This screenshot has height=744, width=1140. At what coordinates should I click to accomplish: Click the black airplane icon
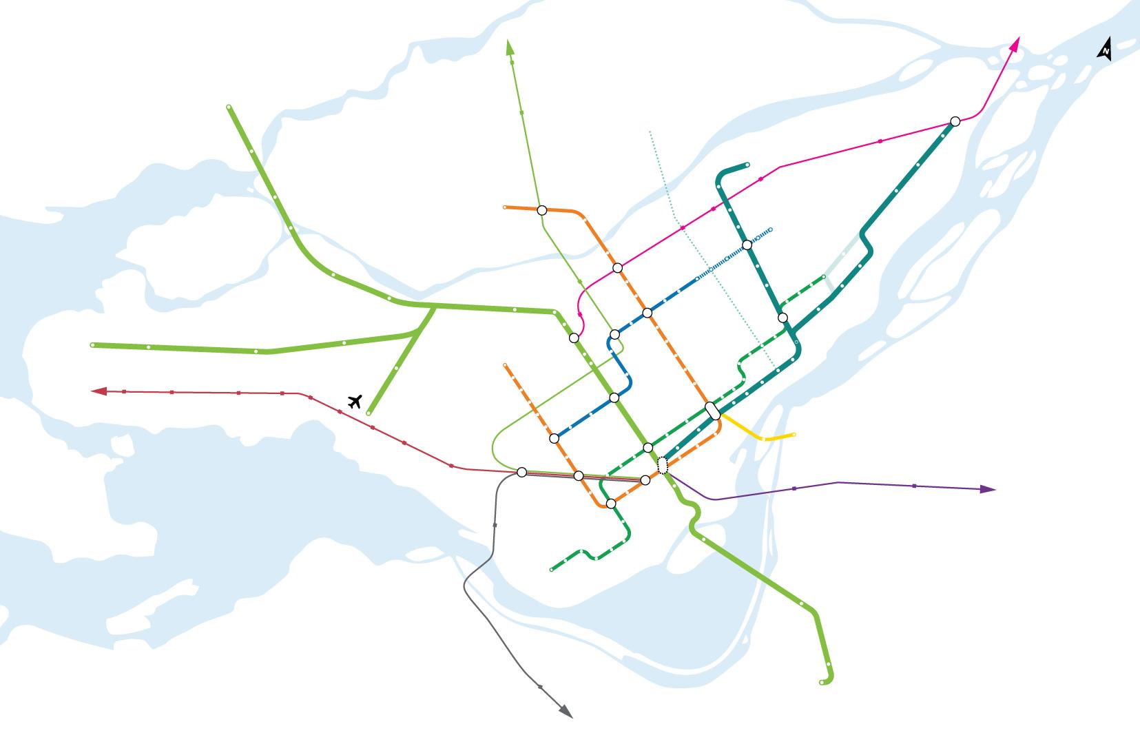(x=355, y=401)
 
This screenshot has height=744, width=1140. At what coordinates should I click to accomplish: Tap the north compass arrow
(x=1105, y=50)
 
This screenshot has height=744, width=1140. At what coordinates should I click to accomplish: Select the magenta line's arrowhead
(x=1015, y=44)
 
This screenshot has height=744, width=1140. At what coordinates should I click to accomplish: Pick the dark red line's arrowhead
(x=99, y=391)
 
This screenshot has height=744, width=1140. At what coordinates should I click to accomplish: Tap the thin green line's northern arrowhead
(x=510, y=47)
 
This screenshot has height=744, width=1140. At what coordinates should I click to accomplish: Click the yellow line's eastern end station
(x=794, y=435)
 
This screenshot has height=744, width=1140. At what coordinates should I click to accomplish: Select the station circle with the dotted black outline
(x=663, y=466)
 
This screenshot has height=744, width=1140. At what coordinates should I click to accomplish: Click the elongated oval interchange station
(x=713, y=411)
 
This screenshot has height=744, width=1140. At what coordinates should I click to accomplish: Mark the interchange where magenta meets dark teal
(x=955, y=121)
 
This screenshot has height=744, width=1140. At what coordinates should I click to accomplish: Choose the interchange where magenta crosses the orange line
(x=617, y=267)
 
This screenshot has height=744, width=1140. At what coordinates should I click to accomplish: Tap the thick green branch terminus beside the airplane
(x=369, y=413)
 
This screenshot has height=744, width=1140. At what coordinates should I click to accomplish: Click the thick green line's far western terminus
(x=93, y=344)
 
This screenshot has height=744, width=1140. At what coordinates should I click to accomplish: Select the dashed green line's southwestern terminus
(x=552, y=570)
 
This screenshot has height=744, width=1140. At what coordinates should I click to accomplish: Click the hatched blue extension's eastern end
(x=770, y=229)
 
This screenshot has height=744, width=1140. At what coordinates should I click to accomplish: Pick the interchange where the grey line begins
(x=521, y=472)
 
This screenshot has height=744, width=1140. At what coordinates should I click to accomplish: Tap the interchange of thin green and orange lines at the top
(x=541, y=209)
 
